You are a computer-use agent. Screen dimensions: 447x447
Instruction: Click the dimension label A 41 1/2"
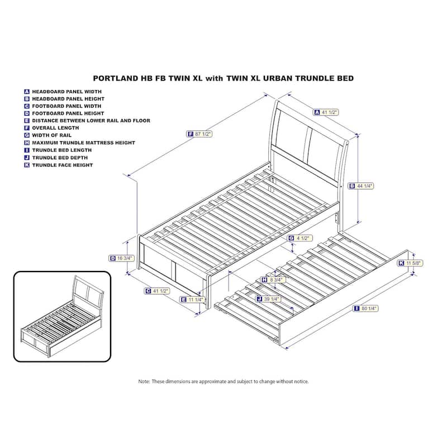click(x=326, y=112)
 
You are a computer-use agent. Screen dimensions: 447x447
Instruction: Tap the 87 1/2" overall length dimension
click(x=201, y=134)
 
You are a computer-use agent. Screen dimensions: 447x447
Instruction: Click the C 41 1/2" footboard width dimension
click(x=156, y=291)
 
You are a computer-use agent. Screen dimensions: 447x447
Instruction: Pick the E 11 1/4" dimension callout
click(x=191, y=299)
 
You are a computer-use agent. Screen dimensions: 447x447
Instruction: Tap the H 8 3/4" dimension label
click(x=273, y=279)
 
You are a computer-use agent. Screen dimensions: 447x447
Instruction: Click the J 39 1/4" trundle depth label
click(x=268, y=299)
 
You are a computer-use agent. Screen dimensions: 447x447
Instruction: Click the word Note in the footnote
click(x=144, y=381)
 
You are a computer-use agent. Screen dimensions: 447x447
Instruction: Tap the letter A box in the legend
click(x=26, y=91)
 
